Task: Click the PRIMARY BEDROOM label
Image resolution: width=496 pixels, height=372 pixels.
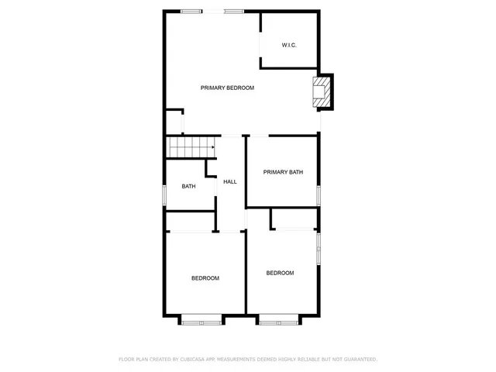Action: click(x=227, y=88)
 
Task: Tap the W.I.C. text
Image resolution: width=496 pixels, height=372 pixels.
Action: click(x=289, y=45)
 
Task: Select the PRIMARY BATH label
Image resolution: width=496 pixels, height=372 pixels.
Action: click(x=282, y=172)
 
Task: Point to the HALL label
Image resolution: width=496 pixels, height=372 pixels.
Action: click(x=230, y=181)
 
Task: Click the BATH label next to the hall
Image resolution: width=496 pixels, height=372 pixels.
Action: click(x=188, y=186)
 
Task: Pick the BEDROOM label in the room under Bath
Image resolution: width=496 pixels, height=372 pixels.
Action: click(x=205, y=278)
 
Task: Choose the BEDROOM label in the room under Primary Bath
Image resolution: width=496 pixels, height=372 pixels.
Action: click(x=280, y=273)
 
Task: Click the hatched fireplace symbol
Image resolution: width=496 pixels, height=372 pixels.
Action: click(x=319, y=91)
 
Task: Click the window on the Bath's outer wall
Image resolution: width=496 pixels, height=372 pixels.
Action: click(x=164, y=195)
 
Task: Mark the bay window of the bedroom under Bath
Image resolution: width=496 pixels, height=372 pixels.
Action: click(x=201, y=318)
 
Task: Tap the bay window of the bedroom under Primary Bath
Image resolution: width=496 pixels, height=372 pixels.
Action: click(x=279, y=318)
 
